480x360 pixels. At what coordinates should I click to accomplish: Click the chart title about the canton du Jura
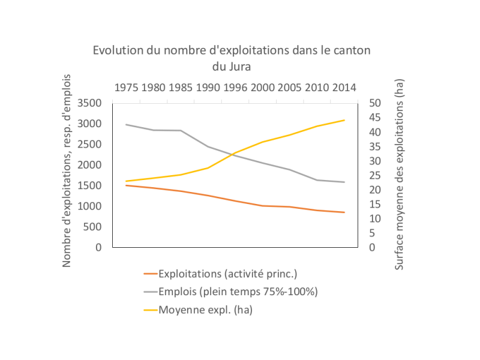pos(232,58)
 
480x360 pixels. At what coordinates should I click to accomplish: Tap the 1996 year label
pos(235,88)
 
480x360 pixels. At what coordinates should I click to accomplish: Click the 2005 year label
pos(290,88)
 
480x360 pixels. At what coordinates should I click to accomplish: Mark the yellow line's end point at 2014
pos(344,120)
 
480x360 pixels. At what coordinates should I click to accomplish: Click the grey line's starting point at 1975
pos(125,124)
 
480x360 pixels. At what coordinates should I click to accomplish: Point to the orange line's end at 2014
pos(344,212)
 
